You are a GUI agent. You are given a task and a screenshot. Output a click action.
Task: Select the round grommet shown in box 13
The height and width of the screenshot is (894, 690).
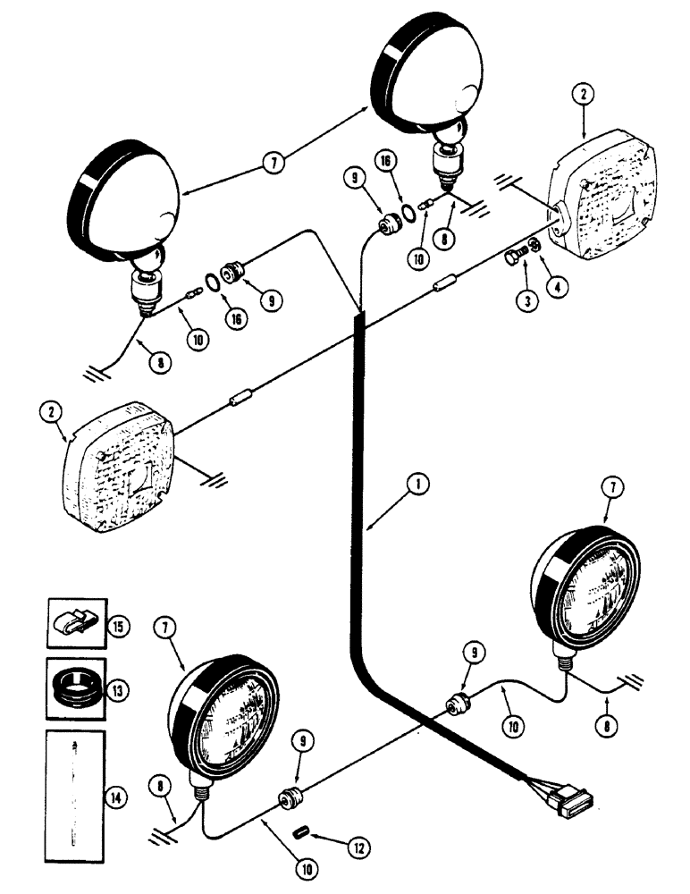click(x=76, y=691)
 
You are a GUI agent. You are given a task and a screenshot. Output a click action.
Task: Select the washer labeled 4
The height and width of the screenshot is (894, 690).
click(x=534, y=246)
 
